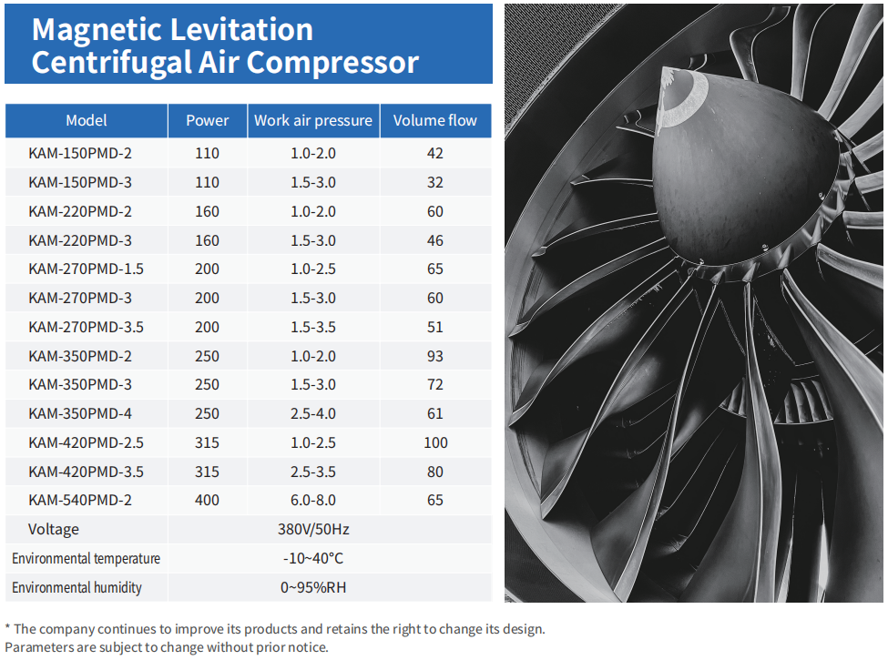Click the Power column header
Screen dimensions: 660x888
point(208,120)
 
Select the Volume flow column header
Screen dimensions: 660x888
point(434,120)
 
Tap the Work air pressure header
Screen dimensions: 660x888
point(313,120)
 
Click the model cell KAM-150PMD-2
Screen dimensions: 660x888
point(80,154)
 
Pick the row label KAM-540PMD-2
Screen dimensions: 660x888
point(80,500)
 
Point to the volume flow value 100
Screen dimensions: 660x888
point(435,442)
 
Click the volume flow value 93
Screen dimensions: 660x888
point(435,356)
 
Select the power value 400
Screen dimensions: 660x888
point(208,500)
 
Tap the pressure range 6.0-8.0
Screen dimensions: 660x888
point(313,500)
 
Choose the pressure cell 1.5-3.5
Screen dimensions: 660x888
point(313,327)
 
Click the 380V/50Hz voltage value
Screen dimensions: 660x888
point(313,529)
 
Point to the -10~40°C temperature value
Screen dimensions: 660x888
point(313,558)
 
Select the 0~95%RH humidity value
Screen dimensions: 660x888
point(313,587)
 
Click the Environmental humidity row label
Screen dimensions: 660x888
point(77,587)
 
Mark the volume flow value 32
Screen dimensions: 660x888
point(435,182)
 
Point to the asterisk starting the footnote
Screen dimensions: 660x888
point(8,628)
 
